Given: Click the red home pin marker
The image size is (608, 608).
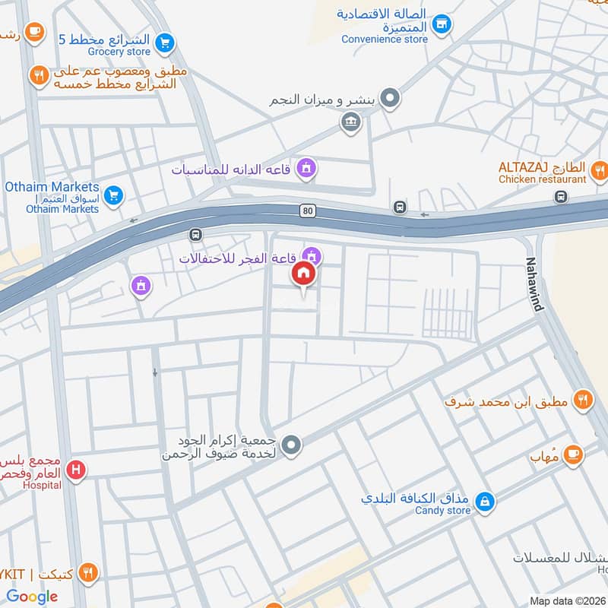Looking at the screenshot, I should coord(304,274).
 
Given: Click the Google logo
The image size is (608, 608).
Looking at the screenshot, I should coord(32,597).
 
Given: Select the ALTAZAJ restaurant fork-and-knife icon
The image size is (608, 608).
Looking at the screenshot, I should coord(599,170).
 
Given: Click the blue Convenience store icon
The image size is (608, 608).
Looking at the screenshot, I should coord(440,25).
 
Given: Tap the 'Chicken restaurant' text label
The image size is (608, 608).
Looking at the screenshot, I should coord(542,179).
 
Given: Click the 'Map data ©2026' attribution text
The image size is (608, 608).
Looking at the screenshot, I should coord(566,601).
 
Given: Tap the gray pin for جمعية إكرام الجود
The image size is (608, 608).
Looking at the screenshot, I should coord(291,444).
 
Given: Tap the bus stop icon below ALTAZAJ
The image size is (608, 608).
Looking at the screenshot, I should coord(561,198).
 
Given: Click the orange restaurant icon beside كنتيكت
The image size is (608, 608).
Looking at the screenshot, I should coord(89,573).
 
